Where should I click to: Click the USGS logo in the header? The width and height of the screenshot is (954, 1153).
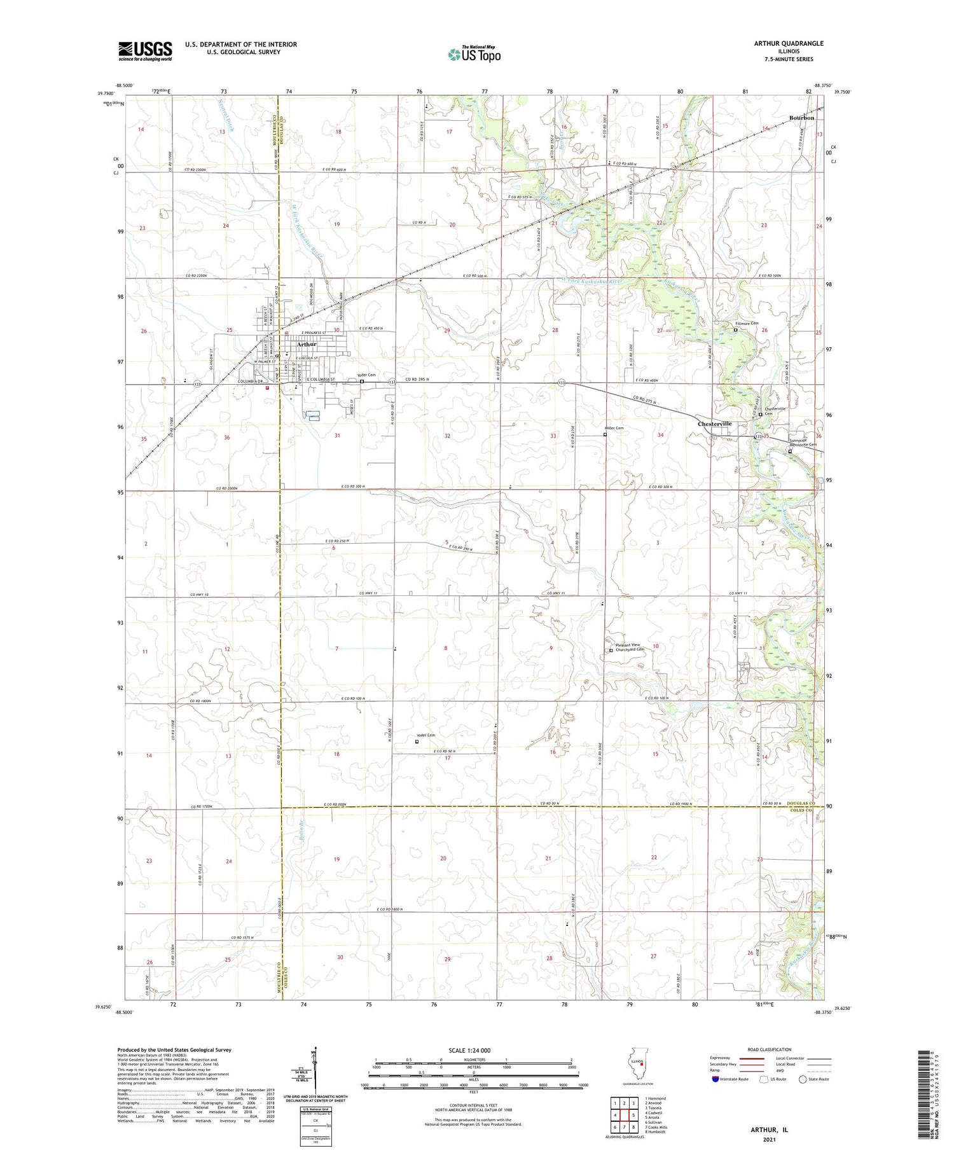tap(145, 51)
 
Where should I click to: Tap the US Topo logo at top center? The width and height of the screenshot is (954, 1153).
tap(474, 54)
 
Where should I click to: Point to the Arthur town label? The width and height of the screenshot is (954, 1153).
tap(306, 344)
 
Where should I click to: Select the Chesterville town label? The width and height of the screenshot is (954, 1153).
tap(714, 424)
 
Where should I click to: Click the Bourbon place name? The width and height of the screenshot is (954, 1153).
tap(801, 118)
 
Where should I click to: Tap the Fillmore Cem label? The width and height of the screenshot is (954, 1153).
tap(747, 323)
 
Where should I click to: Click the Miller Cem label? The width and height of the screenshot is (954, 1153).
tap(614, 428)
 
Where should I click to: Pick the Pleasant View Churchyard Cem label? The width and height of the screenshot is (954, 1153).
tap(630, 647)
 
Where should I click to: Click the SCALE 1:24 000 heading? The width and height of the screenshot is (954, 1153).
tap(469, 1051)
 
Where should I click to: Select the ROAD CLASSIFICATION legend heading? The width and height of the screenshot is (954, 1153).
tap(770, 1049)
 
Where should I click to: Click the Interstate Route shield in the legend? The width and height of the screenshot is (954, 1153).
tap(716, 1079)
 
